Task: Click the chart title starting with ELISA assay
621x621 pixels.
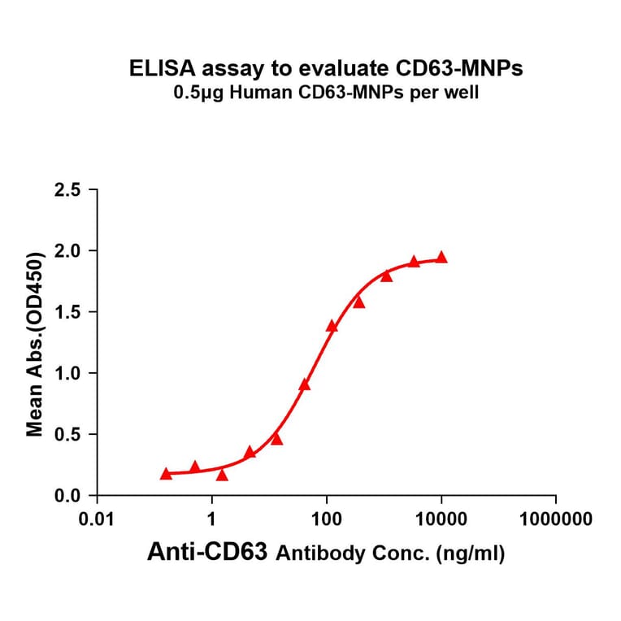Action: tap(326, 69)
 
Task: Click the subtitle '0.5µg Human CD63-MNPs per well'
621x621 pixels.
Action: tap(326, 93)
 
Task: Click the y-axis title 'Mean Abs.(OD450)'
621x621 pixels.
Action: tap(35, 343)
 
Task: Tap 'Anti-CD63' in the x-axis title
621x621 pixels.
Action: tap(208, 554)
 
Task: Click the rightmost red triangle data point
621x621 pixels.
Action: tap(441, 257)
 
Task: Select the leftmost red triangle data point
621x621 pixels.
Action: tap(166, 473)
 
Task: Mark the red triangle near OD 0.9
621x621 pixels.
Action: tap(305, 384)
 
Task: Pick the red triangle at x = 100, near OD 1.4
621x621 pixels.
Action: tap(332, 326)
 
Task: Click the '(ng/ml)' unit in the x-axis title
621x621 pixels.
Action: tap(471, 554)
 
